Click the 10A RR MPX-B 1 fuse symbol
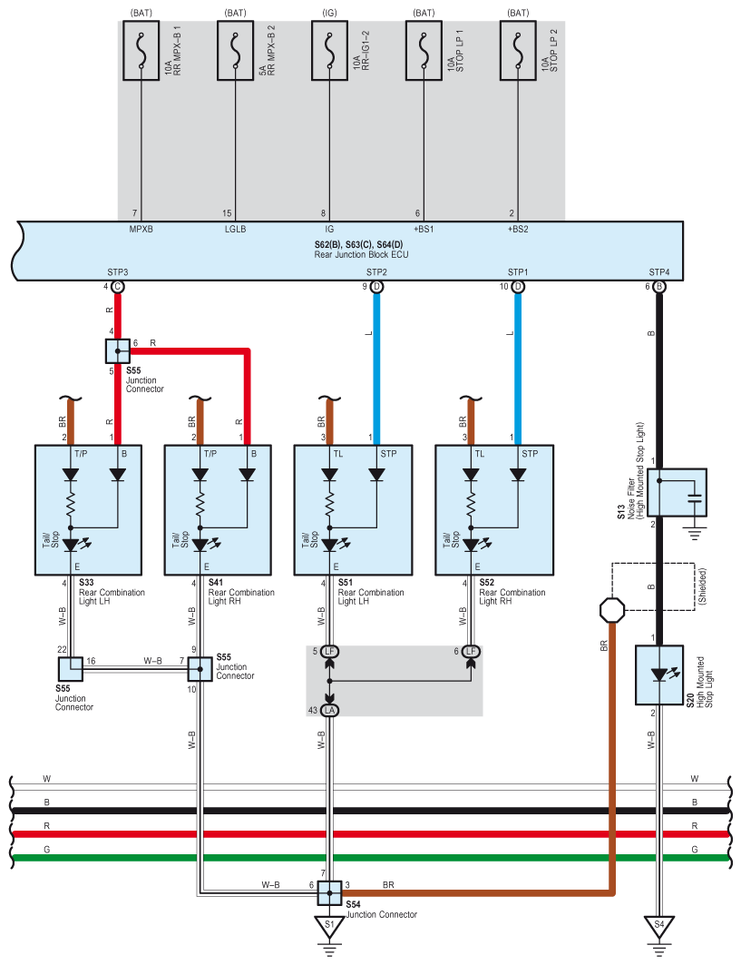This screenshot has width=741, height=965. point(141,51)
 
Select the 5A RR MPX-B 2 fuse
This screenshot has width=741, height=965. point(236,51)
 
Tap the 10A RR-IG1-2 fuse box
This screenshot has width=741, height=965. point(329,51)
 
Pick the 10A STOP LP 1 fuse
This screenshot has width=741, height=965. point(424,51)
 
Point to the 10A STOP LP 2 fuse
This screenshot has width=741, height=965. point(518,51)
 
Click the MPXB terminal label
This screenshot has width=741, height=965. point(141,229)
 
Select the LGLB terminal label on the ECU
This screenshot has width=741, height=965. point(236,229)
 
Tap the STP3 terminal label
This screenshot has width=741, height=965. point(117,272)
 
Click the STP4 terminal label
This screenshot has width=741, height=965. point(659,272)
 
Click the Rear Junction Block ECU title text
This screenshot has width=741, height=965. point(361,254)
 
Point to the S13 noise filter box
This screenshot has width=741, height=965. point(677,492)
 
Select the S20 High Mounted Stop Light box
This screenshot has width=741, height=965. point(659,675)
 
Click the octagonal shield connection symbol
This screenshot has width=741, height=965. point(612,610)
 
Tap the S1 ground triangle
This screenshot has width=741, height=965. point(329,925)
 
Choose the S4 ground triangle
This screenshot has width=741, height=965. point(659,925)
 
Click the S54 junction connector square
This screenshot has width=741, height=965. point(329,893)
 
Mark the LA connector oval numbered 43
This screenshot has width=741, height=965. point(329,710)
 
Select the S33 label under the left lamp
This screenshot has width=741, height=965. point(86,582)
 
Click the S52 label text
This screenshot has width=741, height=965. point(486,582)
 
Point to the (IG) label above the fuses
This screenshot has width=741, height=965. point(329,13)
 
